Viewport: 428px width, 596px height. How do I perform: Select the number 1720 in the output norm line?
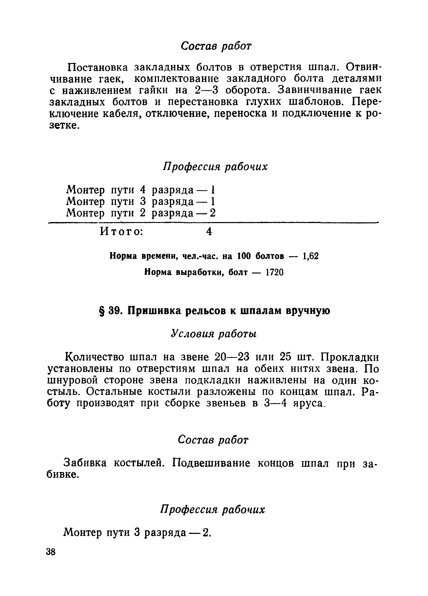tap(274, 273)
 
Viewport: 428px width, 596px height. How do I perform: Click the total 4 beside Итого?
tap(209, 231)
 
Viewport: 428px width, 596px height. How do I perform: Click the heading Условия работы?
tap(213, 334)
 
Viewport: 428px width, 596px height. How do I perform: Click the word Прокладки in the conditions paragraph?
tap(349, 357)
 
